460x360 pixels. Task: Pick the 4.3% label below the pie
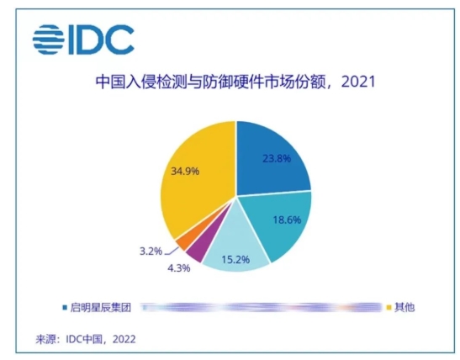pos(179,267)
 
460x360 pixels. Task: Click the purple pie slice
pos(196,250)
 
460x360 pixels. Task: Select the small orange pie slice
pos(182,241)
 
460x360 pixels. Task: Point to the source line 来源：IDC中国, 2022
pos(85,339)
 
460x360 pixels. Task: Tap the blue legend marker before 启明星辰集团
pos(66,307)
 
